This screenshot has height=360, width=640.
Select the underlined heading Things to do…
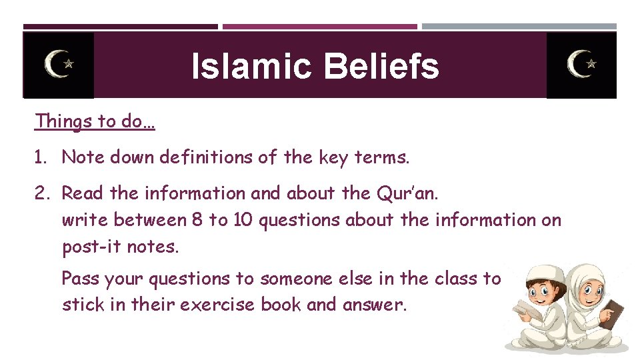[x=95, y=121]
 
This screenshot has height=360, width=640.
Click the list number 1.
[x=41, y=157]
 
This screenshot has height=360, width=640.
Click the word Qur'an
[x=408, y=193]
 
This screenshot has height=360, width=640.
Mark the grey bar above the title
[x=519, y=27]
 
